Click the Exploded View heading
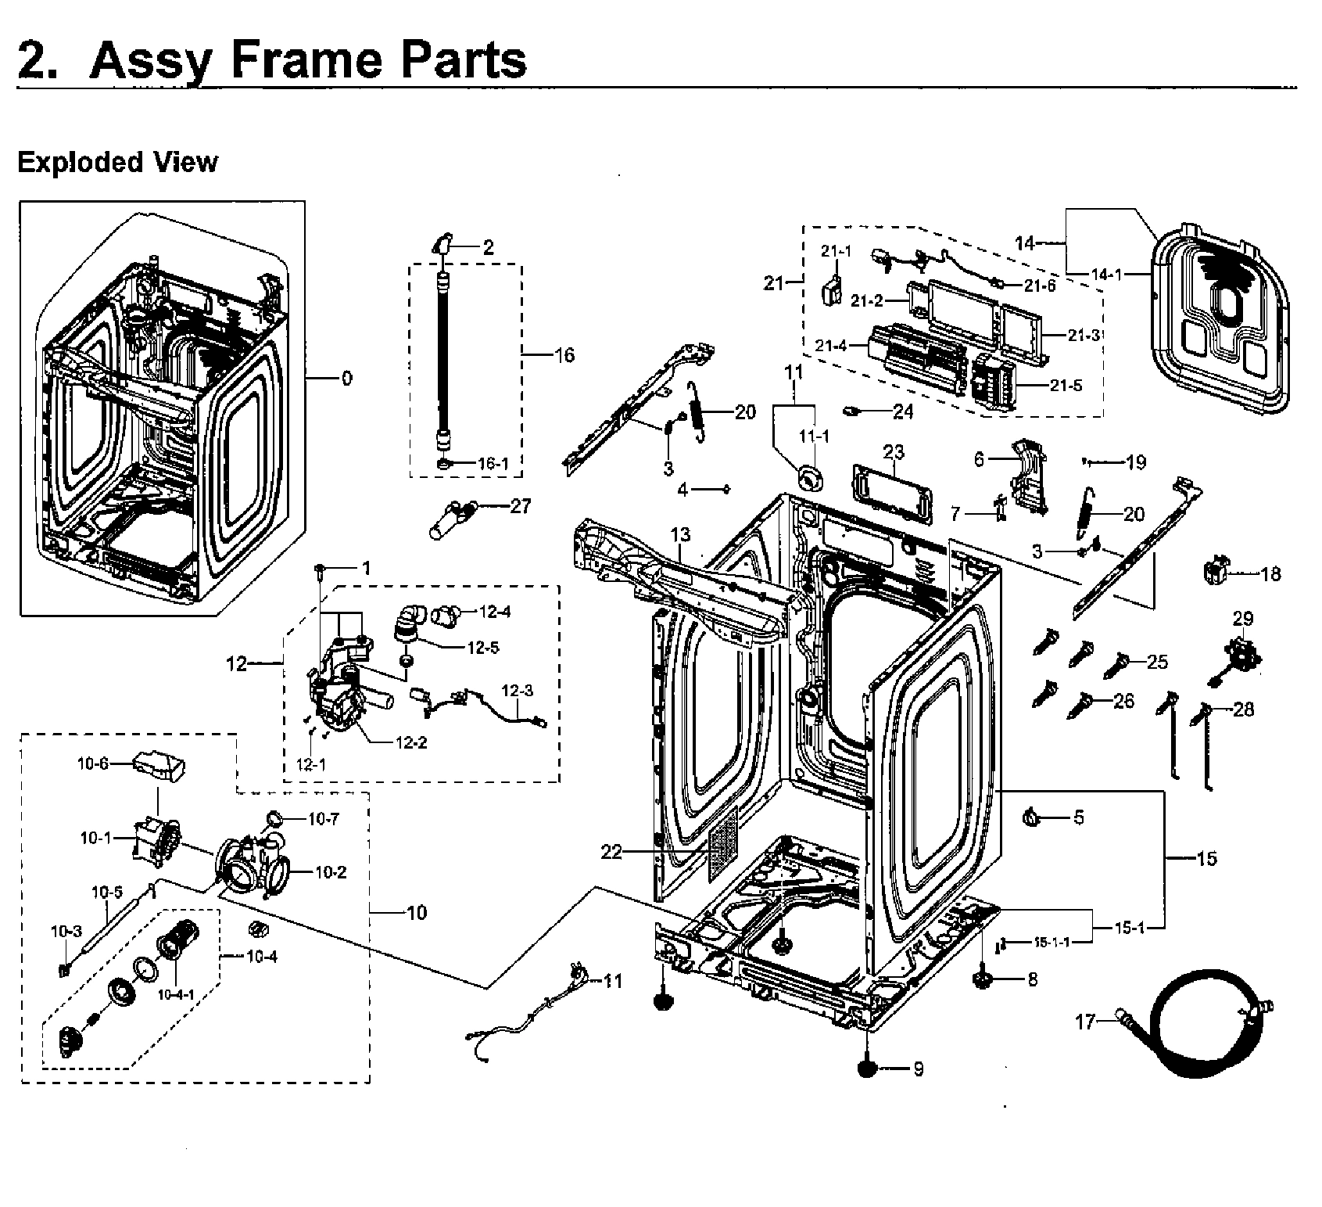pyautogui.click(x=117, y=163)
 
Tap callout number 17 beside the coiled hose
pyautogui.click(x=1085, y=1022)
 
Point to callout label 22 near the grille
pyautogui.click(x=611, y=852)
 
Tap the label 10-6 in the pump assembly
pyautogui.click(x=92, y=764)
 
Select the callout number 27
pyautogui.click(x=520, y=506)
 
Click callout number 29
pyautogui.click(x=1243, y=619)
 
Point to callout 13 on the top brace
pyautogui.click(x=680, y=535)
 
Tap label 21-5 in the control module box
pyautogui.click(x=1066, y=386)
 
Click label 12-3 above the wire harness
pyautogui.click(x=517, y=691)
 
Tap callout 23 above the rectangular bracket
pyautogui.click(x=894, y=452)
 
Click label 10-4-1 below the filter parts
pyautogui.click(x=175, y=995)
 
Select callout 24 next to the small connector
pyautogui.click(x=903, y=411)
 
